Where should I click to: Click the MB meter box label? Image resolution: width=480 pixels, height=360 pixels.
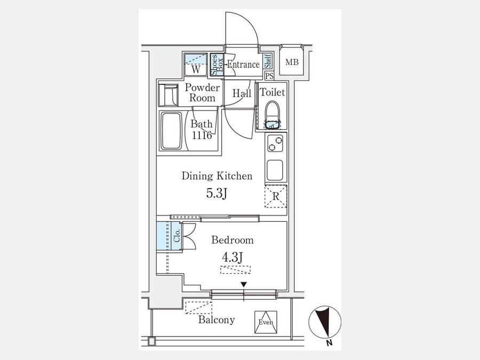pos(292,63)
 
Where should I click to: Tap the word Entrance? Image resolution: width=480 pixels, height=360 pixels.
pos(243,65)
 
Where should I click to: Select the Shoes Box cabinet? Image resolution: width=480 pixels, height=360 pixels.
pos(213,65)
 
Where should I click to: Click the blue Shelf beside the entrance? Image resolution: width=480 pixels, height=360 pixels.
pos(268,62)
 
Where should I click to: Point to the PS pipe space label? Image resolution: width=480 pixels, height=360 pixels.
pos(269,76)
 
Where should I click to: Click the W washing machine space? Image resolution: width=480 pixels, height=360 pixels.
pos(196,65)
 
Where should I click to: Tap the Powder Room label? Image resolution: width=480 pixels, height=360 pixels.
pos(202,93)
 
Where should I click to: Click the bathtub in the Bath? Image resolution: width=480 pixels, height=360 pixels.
pos(171,131)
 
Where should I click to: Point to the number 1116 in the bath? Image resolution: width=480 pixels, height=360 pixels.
pos(202,135)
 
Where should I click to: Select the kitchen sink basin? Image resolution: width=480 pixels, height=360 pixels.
pos(276,170)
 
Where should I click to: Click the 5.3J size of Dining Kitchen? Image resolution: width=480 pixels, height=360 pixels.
pos(217,193)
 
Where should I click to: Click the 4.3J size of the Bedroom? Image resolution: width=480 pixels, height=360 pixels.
pos(233,257)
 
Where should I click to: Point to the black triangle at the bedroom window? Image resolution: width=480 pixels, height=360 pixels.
pos(244,285)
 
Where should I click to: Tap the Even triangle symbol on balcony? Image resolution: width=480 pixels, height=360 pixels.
pos(266,322)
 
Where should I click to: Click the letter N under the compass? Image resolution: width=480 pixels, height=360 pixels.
pos(330,343)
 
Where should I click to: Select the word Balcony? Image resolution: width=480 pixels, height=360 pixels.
pos(217,320)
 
